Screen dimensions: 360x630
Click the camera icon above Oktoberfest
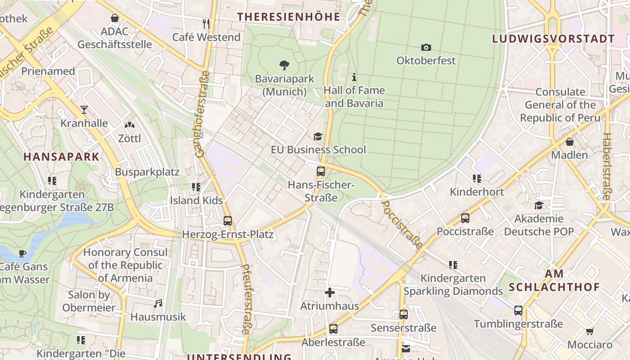426,47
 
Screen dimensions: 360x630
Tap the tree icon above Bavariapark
284,65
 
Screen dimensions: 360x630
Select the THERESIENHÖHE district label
288,17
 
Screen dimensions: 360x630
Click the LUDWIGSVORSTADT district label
553,39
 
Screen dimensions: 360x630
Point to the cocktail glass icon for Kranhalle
84,109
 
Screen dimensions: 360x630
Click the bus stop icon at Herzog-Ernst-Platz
228,221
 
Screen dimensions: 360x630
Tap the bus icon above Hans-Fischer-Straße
320,171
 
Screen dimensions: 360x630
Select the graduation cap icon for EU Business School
318,136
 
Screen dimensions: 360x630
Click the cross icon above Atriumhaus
330,293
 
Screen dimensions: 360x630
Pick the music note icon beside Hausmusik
158,304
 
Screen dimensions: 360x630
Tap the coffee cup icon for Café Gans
22,253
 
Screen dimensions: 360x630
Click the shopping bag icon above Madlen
570,142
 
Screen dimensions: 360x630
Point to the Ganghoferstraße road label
202,114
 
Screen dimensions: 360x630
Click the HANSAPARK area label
61,157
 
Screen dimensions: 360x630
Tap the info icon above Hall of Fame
354,77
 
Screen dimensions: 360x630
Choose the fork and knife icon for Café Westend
206,23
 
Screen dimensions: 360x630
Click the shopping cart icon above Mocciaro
589,332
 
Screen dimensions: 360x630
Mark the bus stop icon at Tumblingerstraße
518,310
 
